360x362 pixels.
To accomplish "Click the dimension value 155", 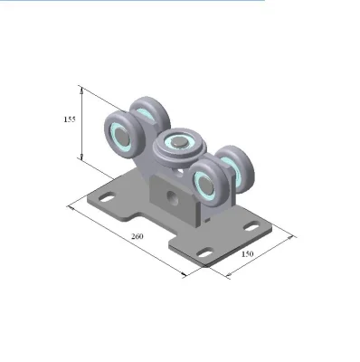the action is pos(70,119).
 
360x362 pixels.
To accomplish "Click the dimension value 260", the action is pos(137,236).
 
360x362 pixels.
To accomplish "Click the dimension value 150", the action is pos(247,254).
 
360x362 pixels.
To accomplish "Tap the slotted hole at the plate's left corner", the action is pos(107,198).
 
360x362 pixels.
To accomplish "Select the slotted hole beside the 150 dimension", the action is pos(204,252).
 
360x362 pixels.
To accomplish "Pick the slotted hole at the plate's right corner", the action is pos(251,226).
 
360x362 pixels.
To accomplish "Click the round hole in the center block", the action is pos(173,197).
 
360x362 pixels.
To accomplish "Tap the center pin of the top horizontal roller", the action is pos(179,141).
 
